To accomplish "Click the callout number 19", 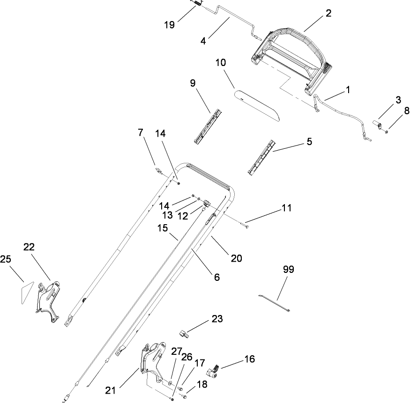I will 170,24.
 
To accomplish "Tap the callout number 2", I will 328,13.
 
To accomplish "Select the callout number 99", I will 289,270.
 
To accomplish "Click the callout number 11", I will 286,207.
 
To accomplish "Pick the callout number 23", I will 216,319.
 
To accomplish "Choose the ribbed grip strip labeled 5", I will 260,157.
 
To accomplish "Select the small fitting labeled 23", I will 184,334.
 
